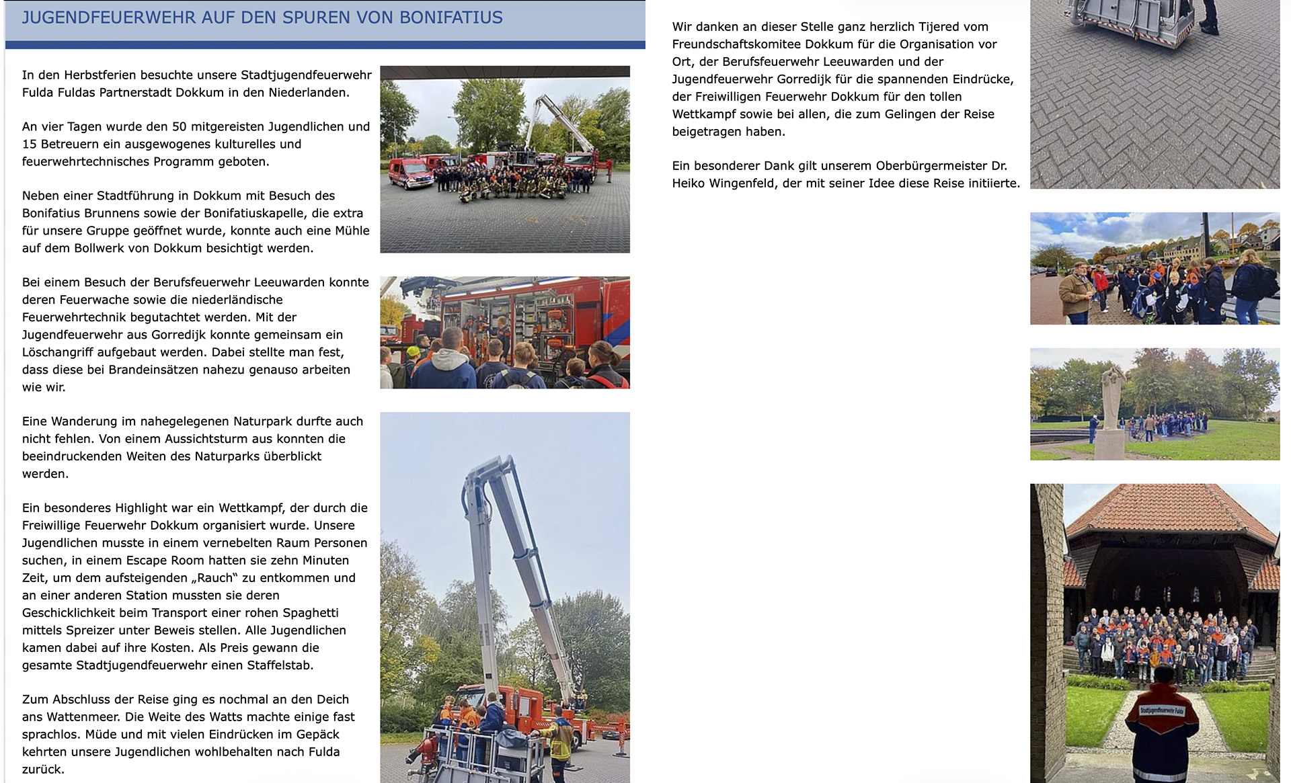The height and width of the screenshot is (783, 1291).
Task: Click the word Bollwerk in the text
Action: tap(93, 248)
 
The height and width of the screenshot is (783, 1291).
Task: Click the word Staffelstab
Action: tap(278, 665)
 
